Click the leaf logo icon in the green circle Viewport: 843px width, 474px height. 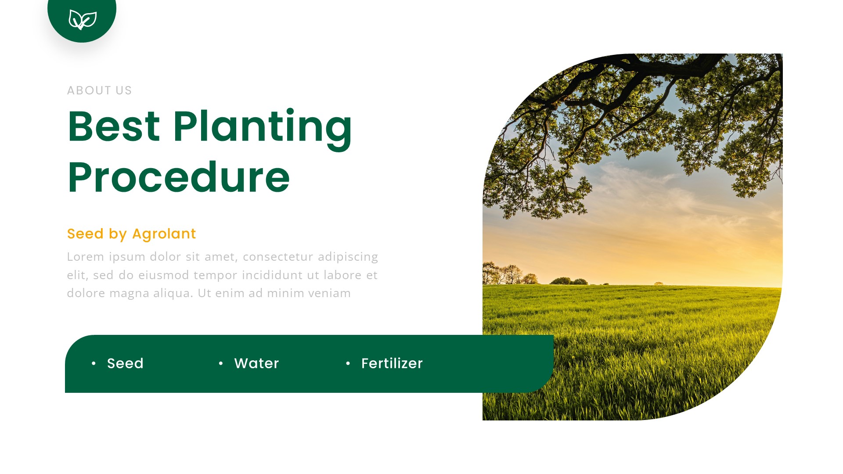coord(82,20)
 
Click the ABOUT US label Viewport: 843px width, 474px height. coord(99,90)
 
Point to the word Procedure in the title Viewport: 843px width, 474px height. coord(178,177)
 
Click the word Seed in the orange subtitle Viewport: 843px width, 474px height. coord(85,234)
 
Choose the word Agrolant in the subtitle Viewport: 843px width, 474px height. coord(164,234)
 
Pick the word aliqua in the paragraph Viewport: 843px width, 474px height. coord(173,293)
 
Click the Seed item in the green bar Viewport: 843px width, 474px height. coord(125,363)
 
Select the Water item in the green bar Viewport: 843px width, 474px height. coord(256,363)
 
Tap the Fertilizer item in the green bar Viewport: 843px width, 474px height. coord(392,363)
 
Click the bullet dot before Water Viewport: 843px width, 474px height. coord(221,363)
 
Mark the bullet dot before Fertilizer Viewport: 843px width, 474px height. coord(348,363)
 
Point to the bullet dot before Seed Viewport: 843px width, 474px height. coord(94,363)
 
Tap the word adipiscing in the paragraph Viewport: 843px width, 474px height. coord(348,257)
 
